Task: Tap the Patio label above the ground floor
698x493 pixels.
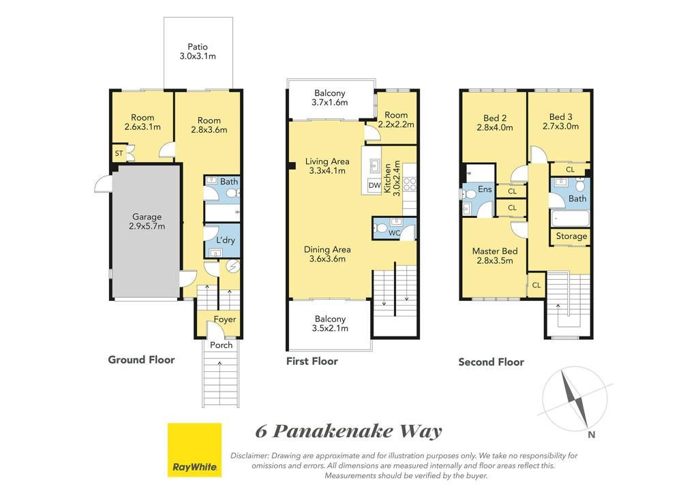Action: [198, 47]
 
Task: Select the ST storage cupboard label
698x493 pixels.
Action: [119, 153]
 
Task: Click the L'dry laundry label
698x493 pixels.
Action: [225, 240]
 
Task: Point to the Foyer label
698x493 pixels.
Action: [225, 319]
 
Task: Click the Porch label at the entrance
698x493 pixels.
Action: [222, 345]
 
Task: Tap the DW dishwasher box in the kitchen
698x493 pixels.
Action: [375, 185]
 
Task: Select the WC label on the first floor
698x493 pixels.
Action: [395, 233]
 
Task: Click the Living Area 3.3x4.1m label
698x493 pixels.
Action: [327, 166]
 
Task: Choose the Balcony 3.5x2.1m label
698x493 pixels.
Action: [331, 323]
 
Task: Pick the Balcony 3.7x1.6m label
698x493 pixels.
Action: [330, 98]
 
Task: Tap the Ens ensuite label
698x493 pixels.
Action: [485, 189]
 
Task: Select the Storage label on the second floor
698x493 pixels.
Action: [572, 236]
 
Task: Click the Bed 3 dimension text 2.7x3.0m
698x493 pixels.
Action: [561, 126]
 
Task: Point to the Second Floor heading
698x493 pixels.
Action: [491, 362]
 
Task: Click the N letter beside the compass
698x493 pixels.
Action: [592, 434]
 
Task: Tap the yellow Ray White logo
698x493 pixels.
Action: [194, 450]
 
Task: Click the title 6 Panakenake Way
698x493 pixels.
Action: [349, 431]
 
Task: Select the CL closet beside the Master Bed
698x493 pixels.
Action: [536, 285]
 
